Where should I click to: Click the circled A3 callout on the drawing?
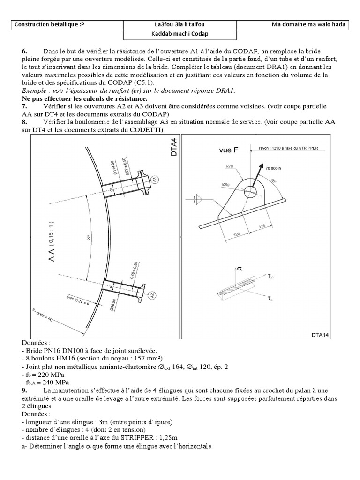click(154, 180)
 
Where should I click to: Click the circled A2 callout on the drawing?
click(152, 295)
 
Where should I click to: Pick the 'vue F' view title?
click(228, 150)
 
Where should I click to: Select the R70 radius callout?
click(229, 166)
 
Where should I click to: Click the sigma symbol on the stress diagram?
click(239, 270)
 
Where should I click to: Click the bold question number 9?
click(24, 390)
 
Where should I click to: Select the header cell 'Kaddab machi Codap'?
click(180, 34)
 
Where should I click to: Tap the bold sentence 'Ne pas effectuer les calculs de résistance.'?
click(84, 99)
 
